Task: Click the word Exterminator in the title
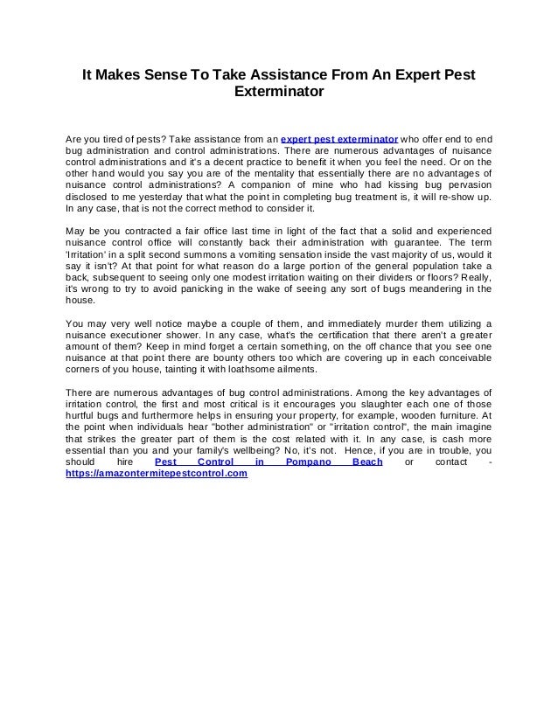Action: tap(279, 92)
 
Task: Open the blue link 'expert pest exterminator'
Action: tap(339, 139)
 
